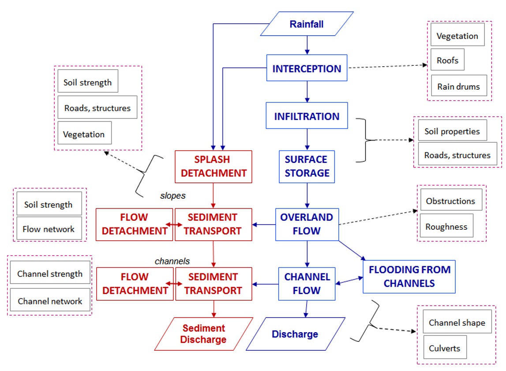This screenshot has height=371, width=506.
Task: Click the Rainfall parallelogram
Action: (307, 24)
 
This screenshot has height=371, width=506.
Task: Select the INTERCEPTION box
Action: (307, 68)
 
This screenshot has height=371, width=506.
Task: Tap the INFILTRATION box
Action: (307, 116)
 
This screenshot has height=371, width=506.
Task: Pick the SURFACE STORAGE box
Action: (306, 167)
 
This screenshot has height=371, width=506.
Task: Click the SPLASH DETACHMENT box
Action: (214, 167)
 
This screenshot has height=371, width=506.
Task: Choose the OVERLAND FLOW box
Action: (307, 224)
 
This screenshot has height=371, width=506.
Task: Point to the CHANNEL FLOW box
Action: (307, 284)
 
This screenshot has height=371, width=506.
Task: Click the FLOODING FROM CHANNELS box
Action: (409, 276)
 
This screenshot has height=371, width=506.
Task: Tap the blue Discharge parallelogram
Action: (295, 334)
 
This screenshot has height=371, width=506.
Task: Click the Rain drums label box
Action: (458, 87)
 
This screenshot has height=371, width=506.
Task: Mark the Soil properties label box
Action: (452, 131)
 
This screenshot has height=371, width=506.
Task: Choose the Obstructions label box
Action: (450, 201)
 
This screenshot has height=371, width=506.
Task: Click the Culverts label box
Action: (444, 348)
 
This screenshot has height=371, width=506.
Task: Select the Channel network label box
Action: (50, 301)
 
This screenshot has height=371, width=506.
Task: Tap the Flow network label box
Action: (49, 229)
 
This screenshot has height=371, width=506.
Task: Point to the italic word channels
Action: (172, 261)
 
